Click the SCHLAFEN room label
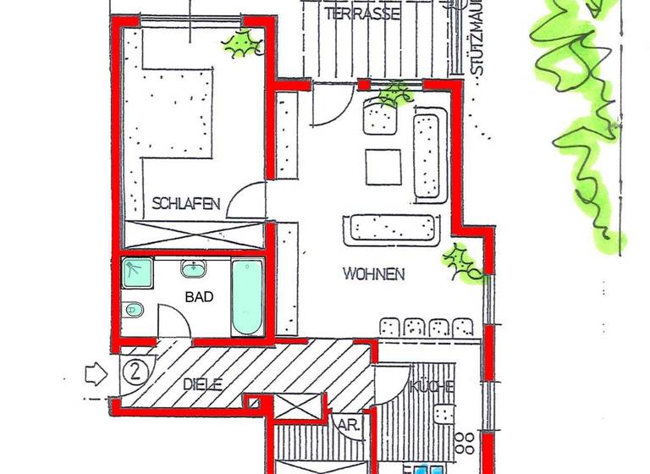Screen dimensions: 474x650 (x=187, y=203)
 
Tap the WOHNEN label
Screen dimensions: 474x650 (x=374, y=274)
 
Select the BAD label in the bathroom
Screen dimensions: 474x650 (x=199, y=297)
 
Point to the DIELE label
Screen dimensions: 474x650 (x=202, y=383)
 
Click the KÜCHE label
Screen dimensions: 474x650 (x=432, y=387)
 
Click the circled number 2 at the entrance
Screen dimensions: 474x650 (x=135, y=371)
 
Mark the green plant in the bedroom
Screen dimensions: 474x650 (x=243, y=43)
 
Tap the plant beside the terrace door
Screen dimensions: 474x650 (x=393, y=96)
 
